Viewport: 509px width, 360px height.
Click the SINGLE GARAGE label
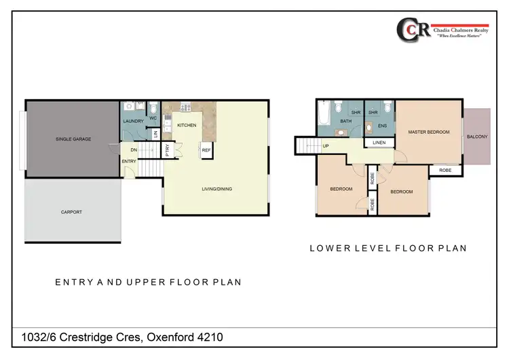coord(73,139)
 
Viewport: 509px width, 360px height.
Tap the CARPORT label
coord(71,212)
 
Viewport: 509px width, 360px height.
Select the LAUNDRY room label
coord(133,122)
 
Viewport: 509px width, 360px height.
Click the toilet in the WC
coord(153,108)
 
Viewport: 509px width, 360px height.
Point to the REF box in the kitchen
coord(206,151)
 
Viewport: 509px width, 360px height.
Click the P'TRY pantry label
coord(168,152)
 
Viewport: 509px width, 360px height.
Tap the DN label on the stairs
coord(134,151)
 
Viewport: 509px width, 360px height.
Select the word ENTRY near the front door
coord(129,161)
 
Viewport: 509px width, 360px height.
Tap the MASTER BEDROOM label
coord(428,132)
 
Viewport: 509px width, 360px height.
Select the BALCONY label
coord(477,137)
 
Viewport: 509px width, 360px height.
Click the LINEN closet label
coord(379,143)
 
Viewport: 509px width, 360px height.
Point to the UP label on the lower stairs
coord(326,145)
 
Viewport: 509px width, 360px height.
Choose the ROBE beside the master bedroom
coord(445,170)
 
